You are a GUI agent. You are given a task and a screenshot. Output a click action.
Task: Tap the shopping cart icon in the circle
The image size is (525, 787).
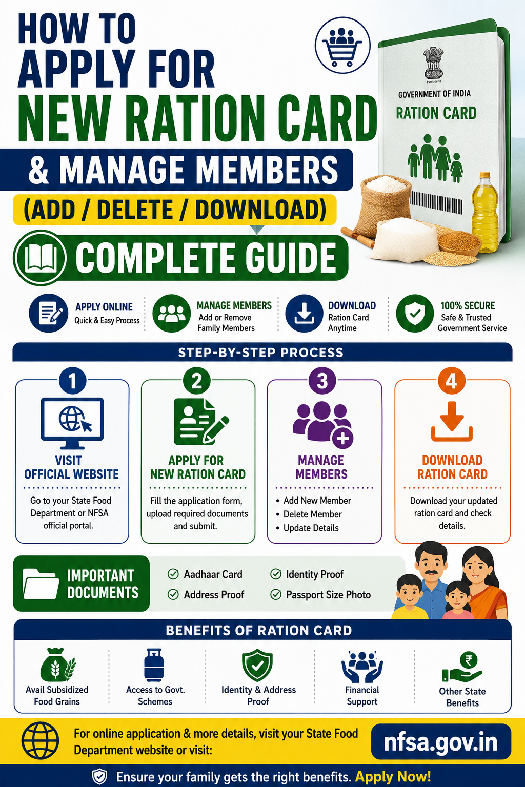pos(342,47)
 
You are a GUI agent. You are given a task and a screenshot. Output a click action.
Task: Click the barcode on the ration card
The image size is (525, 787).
pos(436,202)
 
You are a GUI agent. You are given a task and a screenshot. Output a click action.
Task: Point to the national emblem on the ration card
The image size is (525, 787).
pos(434,64)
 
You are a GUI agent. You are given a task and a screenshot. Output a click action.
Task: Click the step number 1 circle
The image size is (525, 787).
pos(72,381)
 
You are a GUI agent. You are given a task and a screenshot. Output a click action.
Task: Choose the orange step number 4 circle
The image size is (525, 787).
pos(452,381)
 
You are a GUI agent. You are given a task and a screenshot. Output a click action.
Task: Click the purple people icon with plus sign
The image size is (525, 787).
pos(323,424)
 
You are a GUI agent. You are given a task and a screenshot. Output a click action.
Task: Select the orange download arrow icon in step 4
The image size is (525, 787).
pos(452,421)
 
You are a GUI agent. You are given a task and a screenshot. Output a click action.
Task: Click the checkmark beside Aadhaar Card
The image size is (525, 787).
pos(173,574)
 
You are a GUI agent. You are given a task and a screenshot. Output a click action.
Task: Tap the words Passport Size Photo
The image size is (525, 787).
pos(329,595)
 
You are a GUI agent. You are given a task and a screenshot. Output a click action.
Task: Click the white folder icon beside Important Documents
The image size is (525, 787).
pos(41,584)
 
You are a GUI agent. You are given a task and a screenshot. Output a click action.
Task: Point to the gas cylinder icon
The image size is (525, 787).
pos(154,665)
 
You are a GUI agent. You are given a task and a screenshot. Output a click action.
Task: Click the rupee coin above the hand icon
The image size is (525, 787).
pos(469,660)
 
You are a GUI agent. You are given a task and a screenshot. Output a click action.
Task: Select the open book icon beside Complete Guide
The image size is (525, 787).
pos(41,257)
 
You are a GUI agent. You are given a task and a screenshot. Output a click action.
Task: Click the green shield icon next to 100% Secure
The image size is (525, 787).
pos(415,313)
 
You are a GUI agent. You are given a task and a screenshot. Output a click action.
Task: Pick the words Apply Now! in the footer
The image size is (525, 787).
pos(393,776)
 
